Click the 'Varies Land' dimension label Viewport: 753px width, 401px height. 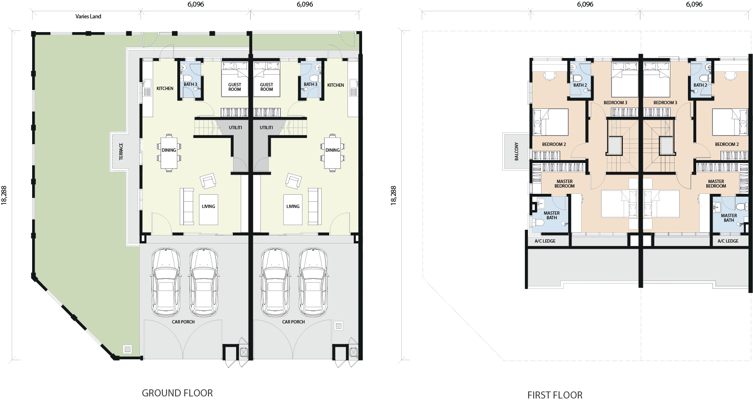(x=88, y=16)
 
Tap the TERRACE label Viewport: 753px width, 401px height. (x=121, y=151)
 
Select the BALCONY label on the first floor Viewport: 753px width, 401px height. (x=516, y=151)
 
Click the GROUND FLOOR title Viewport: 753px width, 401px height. (x=177, y=393)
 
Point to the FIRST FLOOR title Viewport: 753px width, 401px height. (x=555, y=395)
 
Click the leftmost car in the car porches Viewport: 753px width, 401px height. (x=166, y=282)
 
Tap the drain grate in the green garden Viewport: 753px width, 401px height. (x=127, y=349)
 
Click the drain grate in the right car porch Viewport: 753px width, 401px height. (x=338, y=326)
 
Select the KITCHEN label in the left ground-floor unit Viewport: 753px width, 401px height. (x=165, y=88)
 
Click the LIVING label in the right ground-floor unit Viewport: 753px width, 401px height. (x=293, y=206)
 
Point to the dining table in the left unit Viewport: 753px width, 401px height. (x=169, y=153)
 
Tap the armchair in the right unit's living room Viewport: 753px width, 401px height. (x=294, y=181)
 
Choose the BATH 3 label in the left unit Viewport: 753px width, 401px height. (x=190, y=85)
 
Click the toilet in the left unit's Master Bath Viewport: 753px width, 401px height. (x=538, y=223)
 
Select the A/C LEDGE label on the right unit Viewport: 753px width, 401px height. (x=728, y=241)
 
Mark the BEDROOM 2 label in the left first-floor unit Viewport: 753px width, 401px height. (x=554, y=144)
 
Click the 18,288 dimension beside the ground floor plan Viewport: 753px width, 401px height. (x=5, y=195)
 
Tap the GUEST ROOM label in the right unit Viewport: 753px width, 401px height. (x=267, y=87)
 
